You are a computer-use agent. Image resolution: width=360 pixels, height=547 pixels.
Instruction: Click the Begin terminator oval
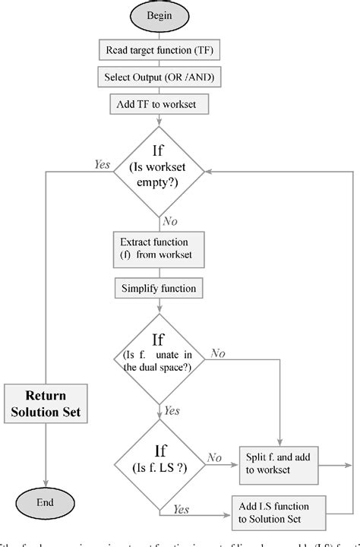pos(159,15)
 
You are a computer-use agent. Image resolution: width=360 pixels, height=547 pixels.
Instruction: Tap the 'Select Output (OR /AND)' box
pos(158,76)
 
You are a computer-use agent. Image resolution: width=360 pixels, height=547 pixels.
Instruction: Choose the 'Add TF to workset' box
pos(158,102)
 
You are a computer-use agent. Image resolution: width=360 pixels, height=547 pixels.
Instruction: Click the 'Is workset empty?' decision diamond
pos(159,171)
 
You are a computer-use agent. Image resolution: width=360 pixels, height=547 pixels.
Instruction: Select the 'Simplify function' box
pos(158,289)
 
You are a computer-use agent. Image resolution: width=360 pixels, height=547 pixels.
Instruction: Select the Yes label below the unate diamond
pos(172,411)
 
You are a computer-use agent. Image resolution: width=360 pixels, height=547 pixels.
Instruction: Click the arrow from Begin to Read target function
pos(159,32)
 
